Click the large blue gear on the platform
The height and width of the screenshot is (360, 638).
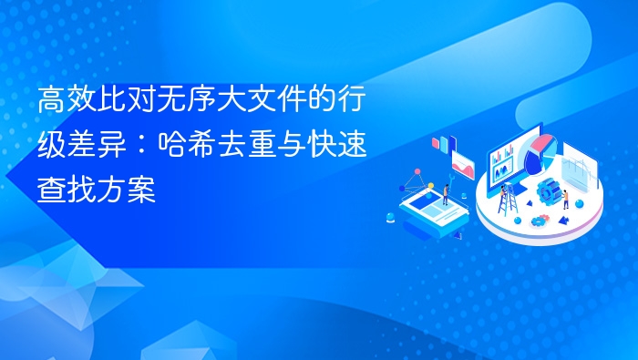pyautogui.click(x=550, y=191)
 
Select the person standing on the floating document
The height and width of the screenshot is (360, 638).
pyautogui.click(x=446, y=192)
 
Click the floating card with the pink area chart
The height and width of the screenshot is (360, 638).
pyautogui.click(x=464, y=165)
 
